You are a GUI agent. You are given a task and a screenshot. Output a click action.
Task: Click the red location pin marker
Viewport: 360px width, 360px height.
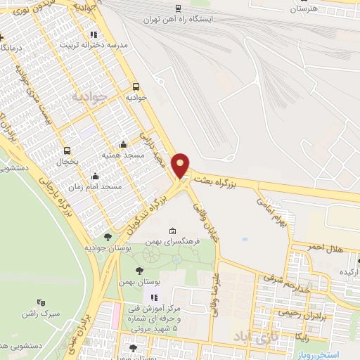click(x=181, y=166)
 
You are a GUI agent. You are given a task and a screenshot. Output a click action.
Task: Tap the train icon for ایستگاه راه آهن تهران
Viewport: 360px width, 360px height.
click(x=178, y=8)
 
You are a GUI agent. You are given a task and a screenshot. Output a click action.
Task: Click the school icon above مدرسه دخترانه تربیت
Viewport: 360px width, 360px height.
click(x=93, y=34)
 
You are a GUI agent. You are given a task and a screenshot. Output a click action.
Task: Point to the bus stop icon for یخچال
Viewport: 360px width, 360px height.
click(x=67, y=150)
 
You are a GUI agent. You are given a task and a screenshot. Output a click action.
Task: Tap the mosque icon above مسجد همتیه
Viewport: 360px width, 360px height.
click(x=124, y=144)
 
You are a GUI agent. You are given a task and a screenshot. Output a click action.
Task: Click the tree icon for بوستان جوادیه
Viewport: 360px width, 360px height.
click(x=108, y=238)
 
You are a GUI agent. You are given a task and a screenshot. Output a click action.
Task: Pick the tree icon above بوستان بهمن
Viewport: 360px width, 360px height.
click(x=140, y=269)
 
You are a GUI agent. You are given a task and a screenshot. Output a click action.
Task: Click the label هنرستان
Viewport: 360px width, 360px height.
click(x=304, y=8)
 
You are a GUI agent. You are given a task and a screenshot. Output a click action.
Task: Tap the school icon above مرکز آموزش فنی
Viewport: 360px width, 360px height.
click(x=154, y=297)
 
